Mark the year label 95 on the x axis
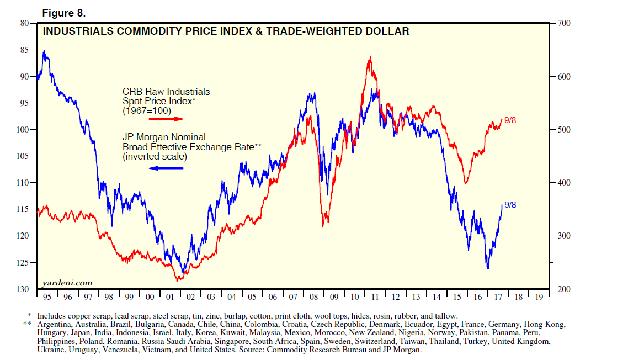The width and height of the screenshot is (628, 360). pyautogui.click(x=47, y=297)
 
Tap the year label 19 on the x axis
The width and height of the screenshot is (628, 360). pyautogui.click(x=537, y=297)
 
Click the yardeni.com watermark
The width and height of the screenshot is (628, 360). pyautogui.click(x=67, y=283)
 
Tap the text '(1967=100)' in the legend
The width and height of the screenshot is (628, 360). pyautogui.click(x=147, y=110)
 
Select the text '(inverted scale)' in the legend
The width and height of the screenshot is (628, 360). pyautogui.click(x=155, y=157)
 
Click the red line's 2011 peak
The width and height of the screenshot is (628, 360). pyautogui.click(x=370, y=57)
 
